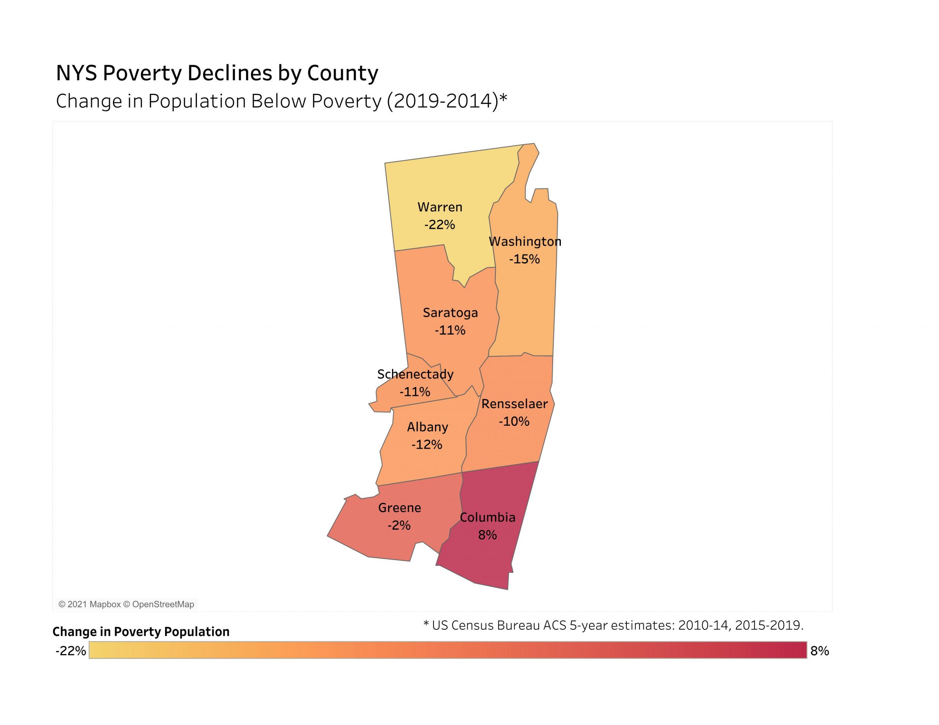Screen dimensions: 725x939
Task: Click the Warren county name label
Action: [440, 207]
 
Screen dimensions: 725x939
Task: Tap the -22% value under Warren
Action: [439, 225]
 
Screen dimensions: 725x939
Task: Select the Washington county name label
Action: [525, 242]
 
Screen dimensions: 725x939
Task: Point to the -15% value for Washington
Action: [524, 259]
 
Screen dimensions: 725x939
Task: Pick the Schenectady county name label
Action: [415, 374]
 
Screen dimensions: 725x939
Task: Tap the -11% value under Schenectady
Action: [414, 392]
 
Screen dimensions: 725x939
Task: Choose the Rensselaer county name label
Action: [514, 404]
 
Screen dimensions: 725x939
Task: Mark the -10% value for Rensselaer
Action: [514, 422]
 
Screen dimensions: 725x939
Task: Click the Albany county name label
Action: [427, 427]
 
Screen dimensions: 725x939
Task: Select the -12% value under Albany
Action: [427, 445]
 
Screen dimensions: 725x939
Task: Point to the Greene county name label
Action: [399, 508]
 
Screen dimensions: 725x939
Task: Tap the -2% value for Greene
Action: [399, 526]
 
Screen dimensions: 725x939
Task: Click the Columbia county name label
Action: [487, 518]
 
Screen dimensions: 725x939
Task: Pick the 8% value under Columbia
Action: [487, 535]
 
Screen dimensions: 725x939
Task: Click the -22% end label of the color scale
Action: [70, 651]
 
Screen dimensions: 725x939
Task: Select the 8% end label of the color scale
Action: [819, 651]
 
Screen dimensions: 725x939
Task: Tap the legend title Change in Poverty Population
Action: [141, 632]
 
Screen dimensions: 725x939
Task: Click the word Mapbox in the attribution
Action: [105, 604]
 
